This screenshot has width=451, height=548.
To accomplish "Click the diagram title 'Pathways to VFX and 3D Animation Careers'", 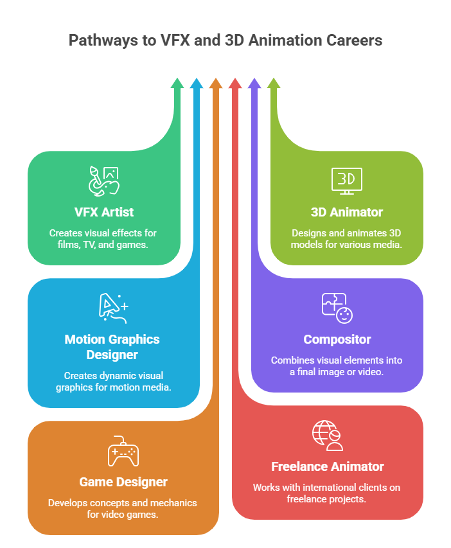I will [x=225, y=40].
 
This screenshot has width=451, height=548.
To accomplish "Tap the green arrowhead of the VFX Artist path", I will [x=177, y=83].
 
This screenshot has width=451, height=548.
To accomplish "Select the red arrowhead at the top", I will [x=235, y=83].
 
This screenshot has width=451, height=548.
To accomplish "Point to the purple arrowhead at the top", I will [x=254, y=83].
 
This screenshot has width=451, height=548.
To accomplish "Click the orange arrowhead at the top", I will [x=216, y=83].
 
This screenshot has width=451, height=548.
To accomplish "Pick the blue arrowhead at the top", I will [x=197, y=83].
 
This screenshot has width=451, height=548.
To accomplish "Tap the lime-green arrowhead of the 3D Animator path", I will [x=274, y=83].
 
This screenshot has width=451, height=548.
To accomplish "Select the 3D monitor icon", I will [x=347, y=181].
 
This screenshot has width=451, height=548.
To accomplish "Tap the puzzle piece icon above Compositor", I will [x=337, y=308].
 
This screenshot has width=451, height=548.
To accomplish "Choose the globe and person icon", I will [x=328, y=435].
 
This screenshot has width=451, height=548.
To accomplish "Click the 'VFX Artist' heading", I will [x=103, y=211].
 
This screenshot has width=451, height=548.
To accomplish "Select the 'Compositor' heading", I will [x=337, y=339].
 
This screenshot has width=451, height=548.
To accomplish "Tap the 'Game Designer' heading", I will [x=123, y=481].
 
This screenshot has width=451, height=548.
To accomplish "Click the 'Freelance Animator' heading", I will [x=328, y=466].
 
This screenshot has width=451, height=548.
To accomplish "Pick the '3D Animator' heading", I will [x=347, y=211].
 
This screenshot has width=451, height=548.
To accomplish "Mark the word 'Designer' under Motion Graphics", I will [x=112, y=354].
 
